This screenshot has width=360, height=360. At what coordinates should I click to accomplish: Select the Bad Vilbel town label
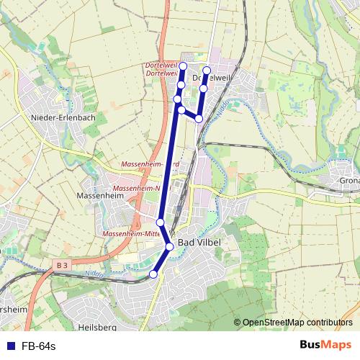tap(199, 243)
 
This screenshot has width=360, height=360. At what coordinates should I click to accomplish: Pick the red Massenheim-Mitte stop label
tap(131, 234)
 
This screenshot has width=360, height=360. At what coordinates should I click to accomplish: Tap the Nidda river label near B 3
tap(95, 274)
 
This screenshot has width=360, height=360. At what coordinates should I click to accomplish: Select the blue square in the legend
tap(10, 346)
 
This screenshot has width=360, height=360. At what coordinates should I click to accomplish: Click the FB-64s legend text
tap(38, 346)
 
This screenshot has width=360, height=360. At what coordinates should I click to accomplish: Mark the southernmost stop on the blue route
tap(153, 274)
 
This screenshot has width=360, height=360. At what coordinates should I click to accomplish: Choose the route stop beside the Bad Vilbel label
tap(170, 246)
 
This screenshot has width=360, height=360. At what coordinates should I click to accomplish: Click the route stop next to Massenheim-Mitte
tap(161, 222)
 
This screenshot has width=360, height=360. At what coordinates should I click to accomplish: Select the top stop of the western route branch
tap(183, 66)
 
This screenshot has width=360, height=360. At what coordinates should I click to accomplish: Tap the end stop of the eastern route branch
tap(207, 71)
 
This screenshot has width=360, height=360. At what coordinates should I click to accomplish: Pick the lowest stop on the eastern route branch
tap(199, 118)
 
